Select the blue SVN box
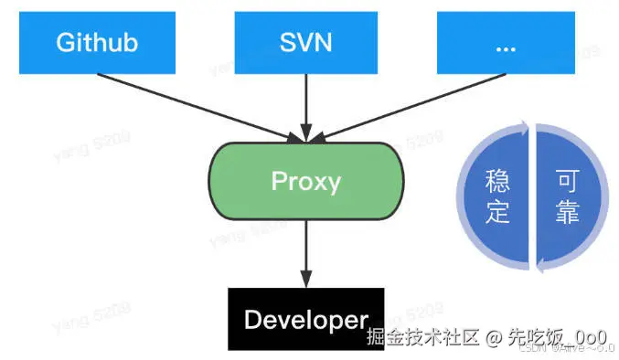coord(306,41)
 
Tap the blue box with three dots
coord(507,41)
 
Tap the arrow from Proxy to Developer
coord(306,251)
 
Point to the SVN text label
coord(306,42)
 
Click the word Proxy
coord(306,182)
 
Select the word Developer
coord(305,321)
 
